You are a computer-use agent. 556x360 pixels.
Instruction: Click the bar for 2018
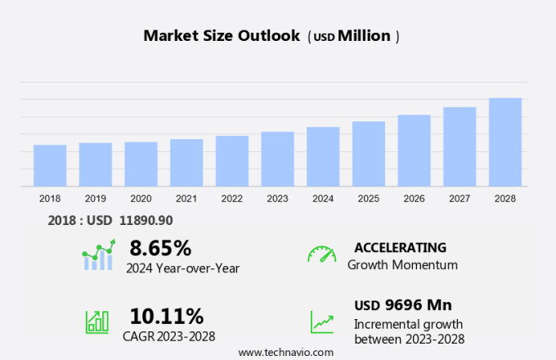[50, 165]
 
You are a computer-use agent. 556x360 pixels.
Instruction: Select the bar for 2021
[186, 163]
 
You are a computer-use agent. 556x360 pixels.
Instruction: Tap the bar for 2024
[323, 156]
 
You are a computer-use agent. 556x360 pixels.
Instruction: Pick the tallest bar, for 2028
[505, 142]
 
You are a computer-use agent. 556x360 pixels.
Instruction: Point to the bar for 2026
[415, 151]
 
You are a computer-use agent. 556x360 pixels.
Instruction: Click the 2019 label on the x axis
[95, 199]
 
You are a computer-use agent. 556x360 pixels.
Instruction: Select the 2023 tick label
[277, 199]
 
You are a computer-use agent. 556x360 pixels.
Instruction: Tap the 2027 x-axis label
[460, 199]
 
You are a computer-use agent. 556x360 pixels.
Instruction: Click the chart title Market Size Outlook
[222, 36]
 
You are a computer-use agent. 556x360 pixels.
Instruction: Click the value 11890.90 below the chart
[145, 220]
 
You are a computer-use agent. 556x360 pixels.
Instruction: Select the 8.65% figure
[160, 248]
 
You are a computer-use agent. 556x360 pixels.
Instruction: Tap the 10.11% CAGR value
[167, 316]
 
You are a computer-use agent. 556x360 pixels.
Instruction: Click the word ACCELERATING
[401, 248]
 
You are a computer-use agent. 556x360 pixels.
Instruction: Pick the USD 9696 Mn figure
[403, 305]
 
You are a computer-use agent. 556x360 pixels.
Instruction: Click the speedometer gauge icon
[321, 254]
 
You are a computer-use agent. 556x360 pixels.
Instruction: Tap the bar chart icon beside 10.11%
[97, 321]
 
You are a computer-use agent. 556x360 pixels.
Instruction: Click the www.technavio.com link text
[286, 352]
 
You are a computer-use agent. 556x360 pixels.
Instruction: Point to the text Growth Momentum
[402, 265]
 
